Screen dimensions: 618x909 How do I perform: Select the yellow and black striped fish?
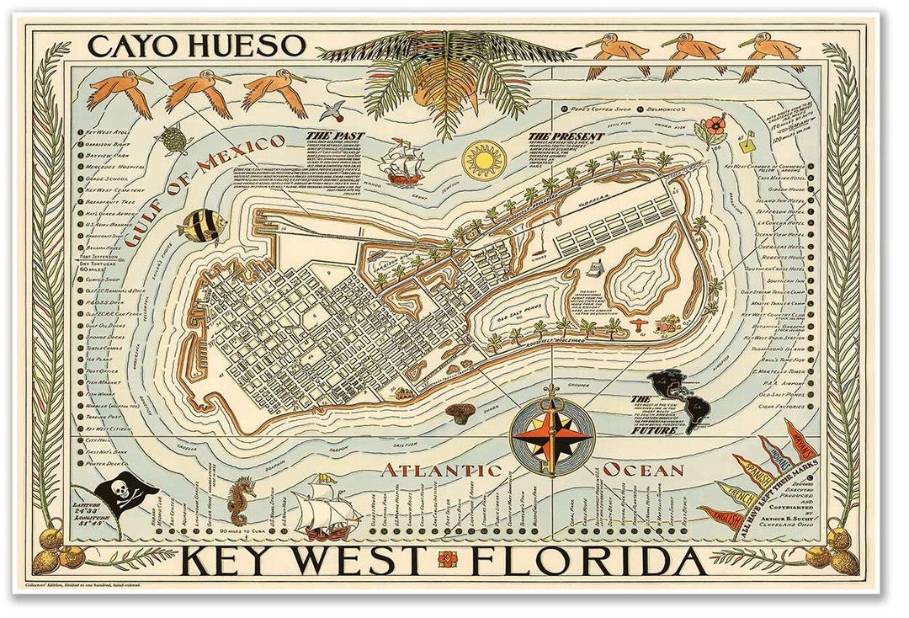(203, 226)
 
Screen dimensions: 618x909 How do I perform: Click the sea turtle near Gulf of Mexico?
(175, 140)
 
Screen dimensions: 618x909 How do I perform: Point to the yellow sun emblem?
(484, 159)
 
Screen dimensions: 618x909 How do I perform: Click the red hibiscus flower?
(711, 127)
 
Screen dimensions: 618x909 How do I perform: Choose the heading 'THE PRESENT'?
(566, 136)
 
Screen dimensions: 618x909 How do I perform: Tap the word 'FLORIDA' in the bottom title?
(587, 561)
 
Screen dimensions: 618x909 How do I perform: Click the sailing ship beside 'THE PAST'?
(402, 162)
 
